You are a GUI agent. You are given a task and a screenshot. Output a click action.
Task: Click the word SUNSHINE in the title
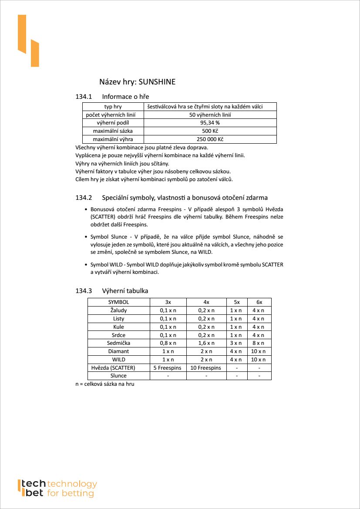pos(157,82)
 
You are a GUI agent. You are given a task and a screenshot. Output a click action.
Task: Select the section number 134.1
pos(84,97)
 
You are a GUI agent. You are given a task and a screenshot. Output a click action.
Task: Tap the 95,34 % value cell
pos(210,123)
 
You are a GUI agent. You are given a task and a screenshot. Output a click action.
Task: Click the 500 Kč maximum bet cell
pos(210,131)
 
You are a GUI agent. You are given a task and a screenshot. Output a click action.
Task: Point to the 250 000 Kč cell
pos(210,139)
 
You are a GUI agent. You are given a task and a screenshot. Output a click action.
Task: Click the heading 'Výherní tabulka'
pos(125,291)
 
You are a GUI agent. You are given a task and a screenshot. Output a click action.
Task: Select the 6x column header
pos(259,302)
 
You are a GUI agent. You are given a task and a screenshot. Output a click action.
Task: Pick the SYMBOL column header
pos(118,302)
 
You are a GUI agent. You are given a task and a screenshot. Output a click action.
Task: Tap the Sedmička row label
pos(118,343)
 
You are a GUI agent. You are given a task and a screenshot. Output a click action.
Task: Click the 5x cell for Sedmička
pos(236,343)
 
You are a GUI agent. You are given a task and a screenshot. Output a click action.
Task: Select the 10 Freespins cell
pos(206,368)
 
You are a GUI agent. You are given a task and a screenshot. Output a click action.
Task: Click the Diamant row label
pos(118,351)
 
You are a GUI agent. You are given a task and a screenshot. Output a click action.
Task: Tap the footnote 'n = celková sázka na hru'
pos(104,384)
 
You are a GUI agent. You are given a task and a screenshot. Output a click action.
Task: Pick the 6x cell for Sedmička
pos(259,343)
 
